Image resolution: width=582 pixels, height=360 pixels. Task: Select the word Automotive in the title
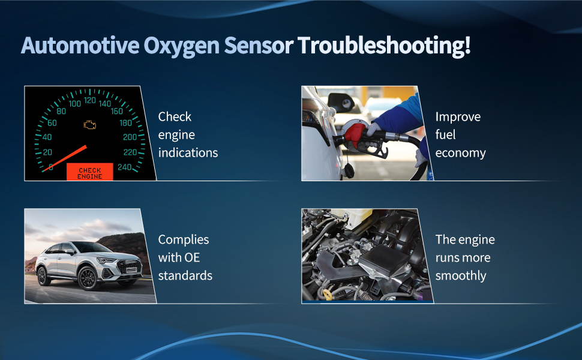pos(80,45)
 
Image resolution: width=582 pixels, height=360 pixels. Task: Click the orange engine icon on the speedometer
pos(90,124)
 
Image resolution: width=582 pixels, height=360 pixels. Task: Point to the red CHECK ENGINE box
pos(90,172)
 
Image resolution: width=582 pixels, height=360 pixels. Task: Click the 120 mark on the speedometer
pos(90,100)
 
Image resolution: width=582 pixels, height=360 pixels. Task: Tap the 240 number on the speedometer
pos(125,167)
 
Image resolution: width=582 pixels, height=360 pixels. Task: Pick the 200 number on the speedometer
pos(130,137)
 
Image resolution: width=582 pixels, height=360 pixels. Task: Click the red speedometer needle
pos(64,158)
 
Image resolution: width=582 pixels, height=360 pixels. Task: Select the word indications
pos(188,152)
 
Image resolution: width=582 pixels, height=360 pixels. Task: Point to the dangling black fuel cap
pos(349,170)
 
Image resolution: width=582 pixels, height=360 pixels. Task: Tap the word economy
pos(460,153)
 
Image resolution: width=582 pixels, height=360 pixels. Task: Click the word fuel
pos(445,134)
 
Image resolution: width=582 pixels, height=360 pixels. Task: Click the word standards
pos(185,275)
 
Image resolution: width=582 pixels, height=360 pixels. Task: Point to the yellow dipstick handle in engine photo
pos(327,294)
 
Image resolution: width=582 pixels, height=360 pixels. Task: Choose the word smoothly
pos(461,276)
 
